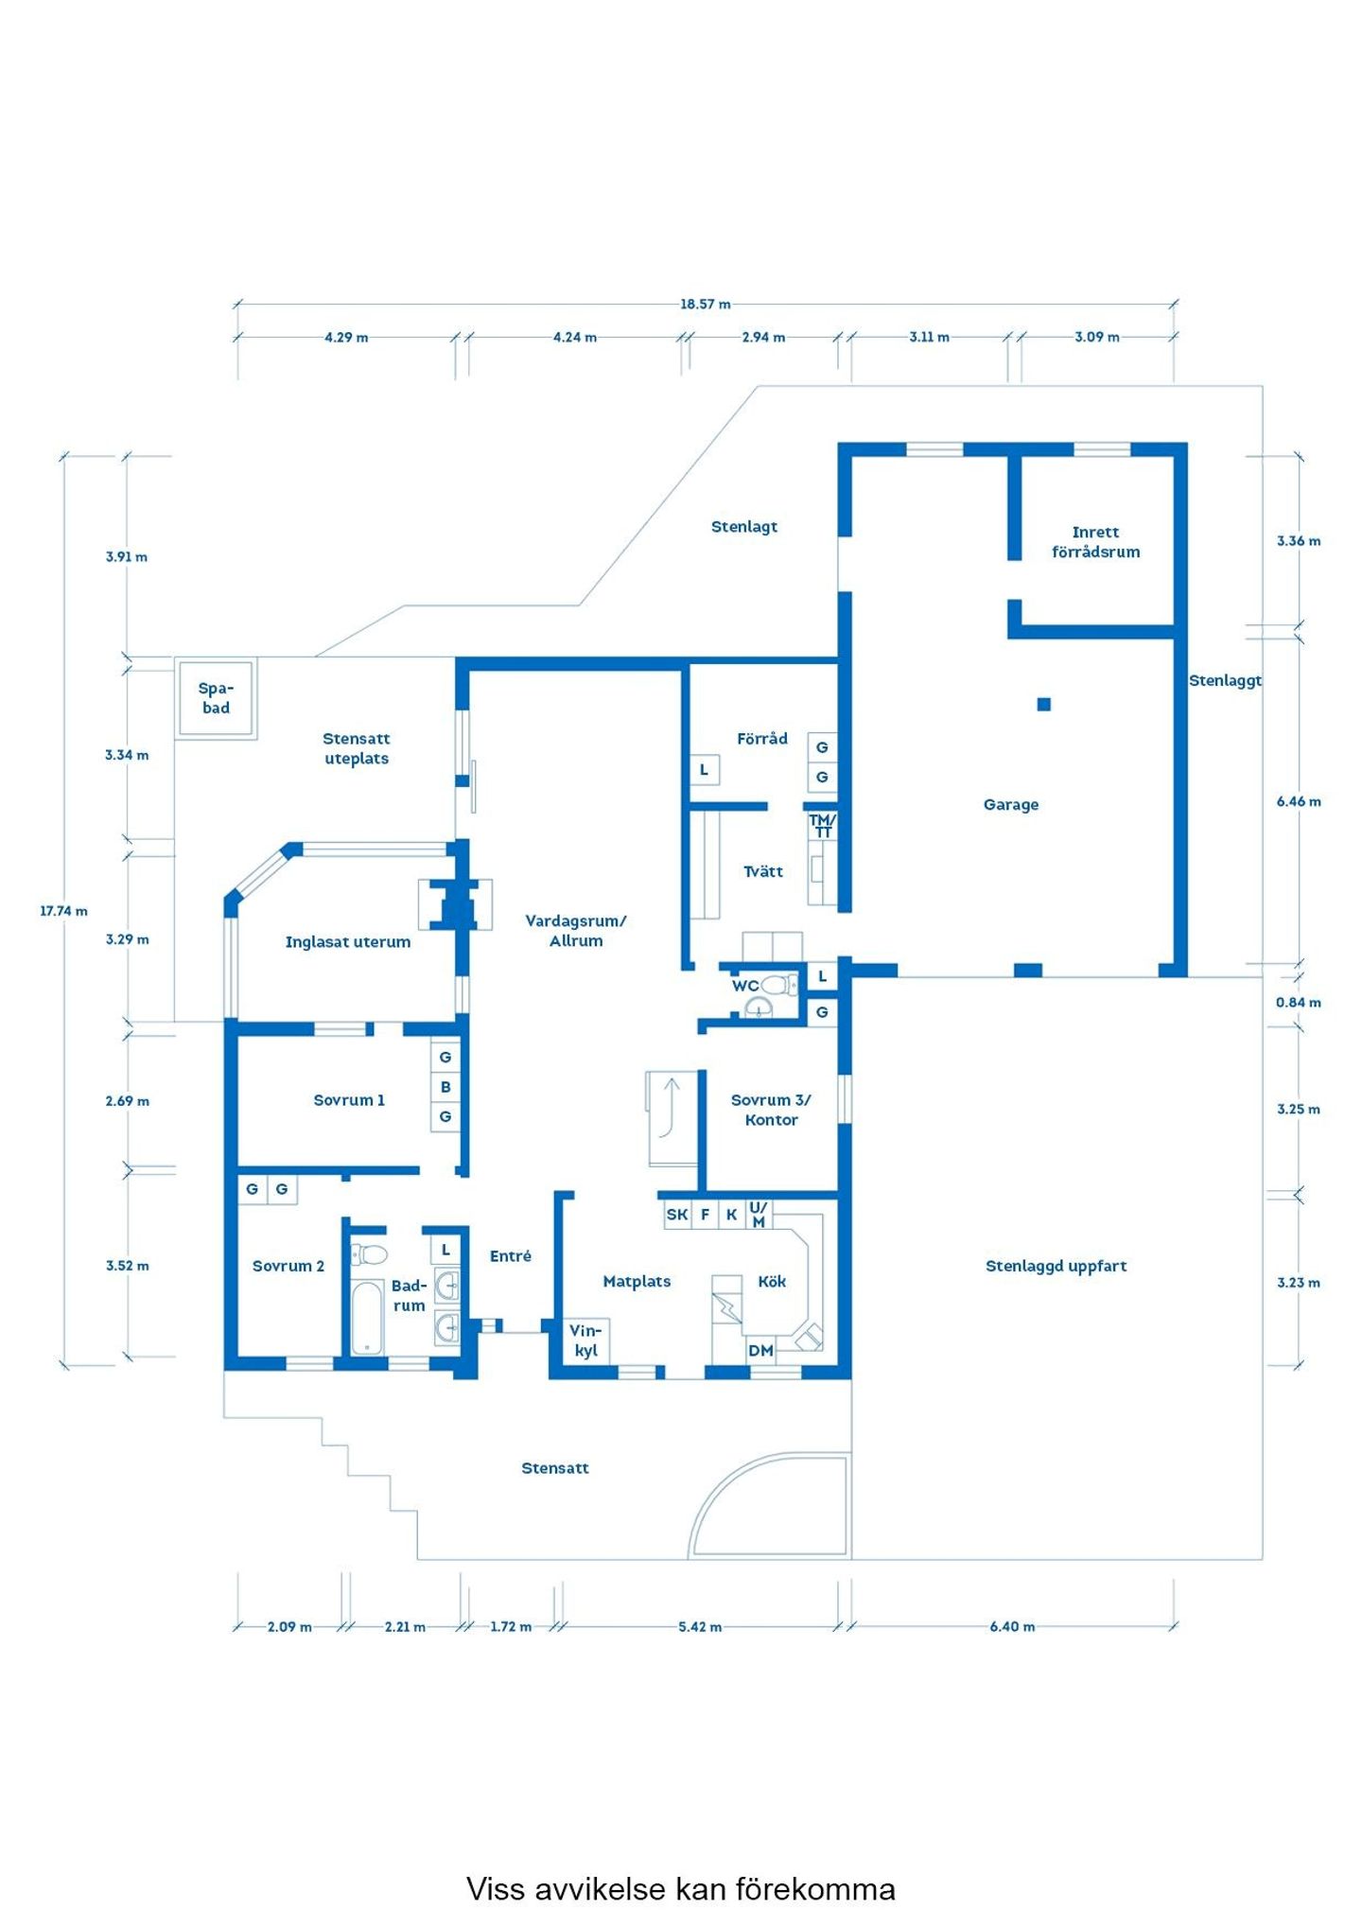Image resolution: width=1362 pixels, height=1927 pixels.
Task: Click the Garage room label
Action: click(1010, 804)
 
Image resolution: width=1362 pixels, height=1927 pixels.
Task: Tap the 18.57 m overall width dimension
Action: click(705, 304)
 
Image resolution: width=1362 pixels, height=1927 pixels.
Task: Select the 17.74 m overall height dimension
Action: click(63, 910)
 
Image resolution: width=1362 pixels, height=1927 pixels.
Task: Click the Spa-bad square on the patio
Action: click(216, 698)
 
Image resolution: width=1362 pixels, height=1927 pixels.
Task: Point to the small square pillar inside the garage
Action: click(1043, 704)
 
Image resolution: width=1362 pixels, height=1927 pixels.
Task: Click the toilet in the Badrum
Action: click(369, 1254)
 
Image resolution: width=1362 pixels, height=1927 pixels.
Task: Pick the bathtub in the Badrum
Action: click(367, 1317)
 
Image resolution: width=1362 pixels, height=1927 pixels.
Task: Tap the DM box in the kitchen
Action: click(760, 1350)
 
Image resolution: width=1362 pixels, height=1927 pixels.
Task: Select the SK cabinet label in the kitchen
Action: click(677, 1215)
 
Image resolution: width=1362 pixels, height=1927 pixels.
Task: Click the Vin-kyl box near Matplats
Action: click(586, 1340)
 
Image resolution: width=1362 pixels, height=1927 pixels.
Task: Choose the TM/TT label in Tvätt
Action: click(822, 825)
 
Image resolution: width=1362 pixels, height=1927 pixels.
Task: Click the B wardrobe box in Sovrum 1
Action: click(445, 1087)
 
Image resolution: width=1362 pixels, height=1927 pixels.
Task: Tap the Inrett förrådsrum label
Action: click(1095, 542)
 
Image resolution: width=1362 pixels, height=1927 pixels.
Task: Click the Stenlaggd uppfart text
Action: click(1056, 1266)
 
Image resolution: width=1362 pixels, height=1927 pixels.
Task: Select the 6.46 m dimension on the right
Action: click(1299, 801)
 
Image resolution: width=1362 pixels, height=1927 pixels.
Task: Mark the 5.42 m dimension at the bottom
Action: click(700, 1626)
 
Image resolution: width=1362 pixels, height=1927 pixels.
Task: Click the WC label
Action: click(745, 986)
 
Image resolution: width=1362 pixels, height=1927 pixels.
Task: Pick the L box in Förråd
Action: click(705, 770)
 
